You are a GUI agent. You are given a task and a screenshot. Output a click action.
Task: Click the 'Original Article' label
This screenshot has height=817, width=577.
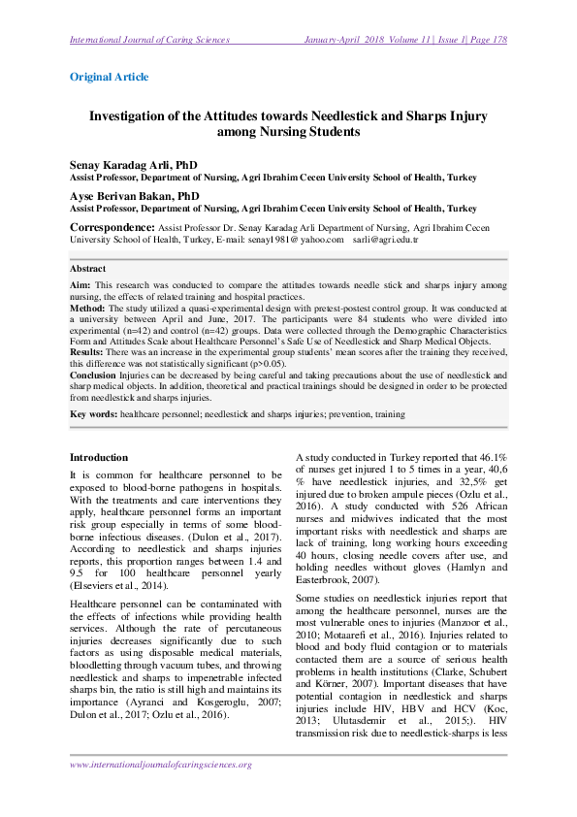(109, 76)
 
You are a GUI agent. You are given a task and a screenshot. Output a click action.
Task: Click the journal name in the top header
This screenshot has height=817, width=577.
(149, 40)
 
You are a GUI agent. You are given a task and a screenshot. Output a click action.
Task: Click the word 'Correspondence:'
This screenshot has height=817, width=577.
(112, 226)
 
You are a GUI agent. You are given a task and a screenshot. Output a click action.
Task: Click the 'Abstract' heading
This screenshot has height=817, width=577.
(89, 268)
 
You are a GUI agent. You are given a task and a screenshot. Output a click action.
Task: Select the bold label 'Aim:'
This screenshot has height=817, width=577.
(80, 284)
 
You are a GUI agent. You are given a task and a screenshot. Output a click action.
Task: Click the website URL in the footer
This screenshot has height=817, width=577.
(161, 765)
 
